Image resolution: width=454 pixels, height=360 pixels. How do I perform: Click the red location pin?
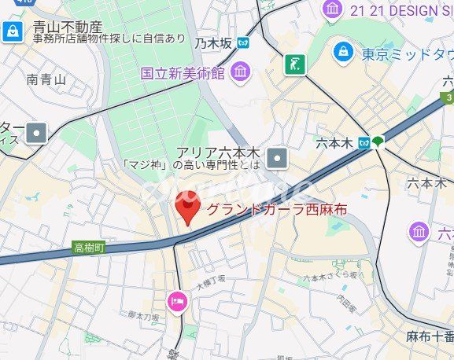click(x=186, y=210)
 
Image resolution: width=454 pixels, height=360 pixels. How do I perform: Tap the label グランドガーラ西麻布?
click(x=277, y=210)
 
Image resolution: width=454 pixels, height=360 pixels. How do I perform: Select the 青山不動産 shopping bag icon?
click(x=13, y=31)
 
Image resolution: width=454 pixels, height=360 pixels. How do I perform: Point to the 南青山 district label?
click(x=46, y=79)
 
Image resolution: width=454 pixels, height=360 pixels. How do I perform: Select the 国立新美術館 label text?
click(x=183, y=73)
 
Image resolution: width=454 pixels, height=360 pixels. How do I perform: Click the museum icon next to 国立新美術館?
click(x=240, y=73)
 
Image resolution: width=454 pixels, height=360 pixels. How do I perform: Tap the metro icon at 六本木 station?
click(x=363, y=142)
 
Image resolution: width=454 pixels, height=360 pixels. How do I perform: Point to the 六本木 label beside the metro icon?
click(x=336, y=143)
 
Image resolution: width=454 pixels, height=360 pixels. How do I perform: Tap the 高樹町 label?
click(x=89, y=247)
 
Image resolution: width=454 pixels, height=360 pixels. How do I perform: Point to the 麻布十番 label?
click(x=430, y=336)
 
